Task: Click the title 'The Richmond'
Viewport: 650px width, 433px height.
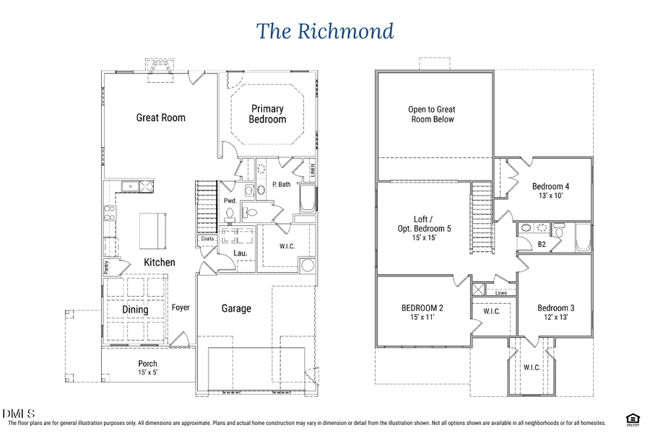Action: coord(325,32)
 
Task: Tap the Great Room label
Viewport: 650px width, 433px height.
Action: coord(161,118)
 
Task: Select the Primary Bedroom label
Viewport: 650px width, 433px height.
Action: coord(267,114)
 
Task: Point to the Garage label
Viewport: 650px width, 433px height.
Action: coord(236,308)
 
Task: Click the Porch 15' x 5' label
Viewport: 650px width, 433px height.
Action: coord(147,368)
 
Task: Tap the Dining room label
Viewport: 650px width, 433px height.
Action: coord(135,310)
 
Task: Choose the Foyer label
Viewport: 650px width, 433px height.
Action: coord(181,307)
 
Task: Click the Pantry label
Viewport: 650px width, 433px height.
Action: coord(106,266)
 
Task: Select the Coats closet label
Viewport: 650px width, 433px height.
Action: coord(207,239)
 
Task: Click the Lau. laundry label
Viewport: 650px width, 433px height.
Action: coord(241,253)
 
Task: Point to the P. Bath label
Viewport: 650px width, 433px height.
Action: coord(281,185)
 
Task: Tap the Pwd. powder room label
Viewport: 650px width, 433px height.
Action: coord(230,201)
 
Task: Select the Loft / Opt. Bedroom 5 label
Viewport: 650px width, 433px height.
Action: coord(423,228)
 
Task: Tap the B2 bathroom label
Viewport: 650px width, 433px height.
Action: coord(541,245)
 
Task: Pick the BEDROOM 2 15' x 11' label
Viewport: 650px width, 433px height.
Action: coord(422,312)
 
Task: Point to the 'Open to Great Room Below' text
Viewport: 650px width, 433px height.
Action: coord(433,115)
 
